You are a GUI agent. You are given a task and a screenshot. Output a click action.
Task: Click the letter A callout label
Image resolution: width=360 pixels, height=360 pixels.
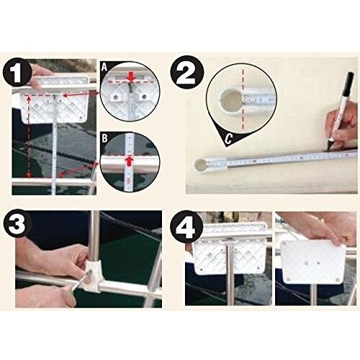104,67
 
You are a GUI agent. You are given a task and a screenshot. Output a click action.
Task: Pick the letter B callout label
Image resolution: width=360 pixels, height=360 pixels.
105,139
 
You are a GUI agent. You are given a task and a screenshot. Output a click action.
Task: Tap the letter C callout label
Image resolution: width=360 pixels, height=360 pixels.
229,138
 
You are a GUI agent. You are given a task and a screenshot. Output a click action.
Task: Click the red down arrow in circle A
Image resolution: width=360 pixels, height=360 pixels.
130,77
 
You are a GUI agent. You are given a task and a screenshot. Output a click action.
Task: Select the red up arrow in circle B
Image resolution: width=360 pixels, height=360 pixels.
130,161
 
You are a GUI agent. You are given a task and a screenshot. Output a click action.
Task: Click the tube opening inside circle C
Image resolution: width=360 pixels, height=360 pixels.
231,100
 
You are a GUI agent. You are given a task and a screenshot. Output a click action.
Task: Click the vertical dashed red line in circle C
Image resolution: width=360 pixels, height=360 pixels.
243,98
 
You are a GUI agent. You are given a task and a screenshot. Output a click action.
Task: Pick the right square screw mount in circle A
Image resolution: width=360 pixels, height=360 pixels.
143,97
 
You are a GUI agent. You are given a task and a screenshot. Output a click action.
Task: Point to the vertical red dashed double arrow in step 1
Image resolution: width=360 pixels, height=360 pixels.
29,136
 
